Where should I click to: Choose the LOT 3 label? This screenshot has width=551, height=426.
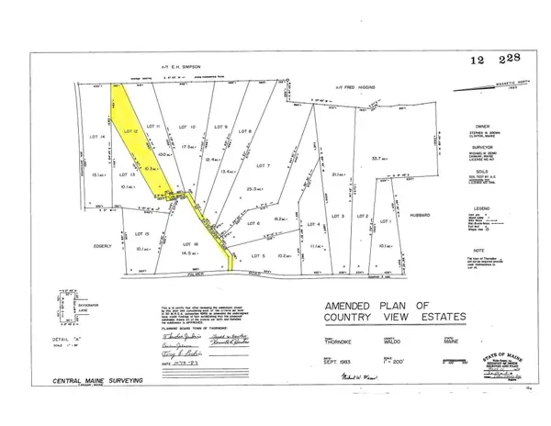(x=337, y=216)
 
